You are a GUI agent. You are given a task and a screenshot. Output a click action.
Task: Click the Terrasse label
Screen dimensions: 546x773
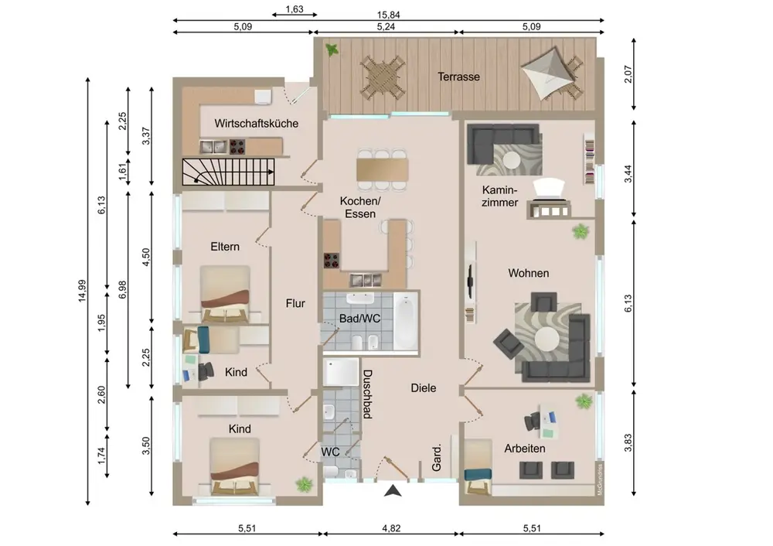point(458,77)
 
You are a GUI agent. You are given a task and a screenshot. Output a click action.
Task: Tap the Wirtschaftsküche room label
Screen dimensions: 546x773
point(257,123)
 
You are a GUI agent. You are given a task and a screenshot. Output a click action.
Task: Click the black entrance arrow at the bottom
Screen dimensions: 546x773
point(393,490)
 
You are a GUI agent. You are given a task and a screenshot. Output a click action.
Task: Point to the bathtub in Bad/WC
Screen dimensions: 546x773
point(406,320)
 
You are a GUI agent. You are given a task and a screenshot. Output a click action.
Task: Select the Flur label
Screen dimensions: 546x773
point(295,303)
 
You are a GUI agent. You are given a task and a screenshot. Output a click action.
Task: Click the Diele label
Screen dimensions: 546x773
point(424,388)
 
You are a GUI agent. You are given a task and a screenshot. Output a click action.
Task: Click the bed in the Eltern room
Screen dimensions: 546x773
point(226,292)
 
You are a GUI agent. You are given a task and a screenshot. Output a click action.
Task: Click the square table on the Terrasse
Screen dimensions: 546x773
point(383,75)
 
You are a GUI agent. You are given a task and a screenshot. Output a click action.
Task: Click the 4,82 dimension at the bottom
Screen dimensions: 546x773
point(392,528)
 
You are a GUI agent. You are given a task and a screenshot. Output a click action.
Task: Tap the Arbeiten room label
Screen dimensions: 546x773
point(525,448)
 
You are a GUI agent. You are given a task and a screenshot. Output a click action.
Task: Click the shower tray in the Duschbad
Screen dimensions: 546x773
point(341,372)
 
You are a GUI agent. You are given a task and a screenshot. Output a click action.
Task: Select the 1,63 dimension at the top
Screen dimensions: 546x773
point(294,10)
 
